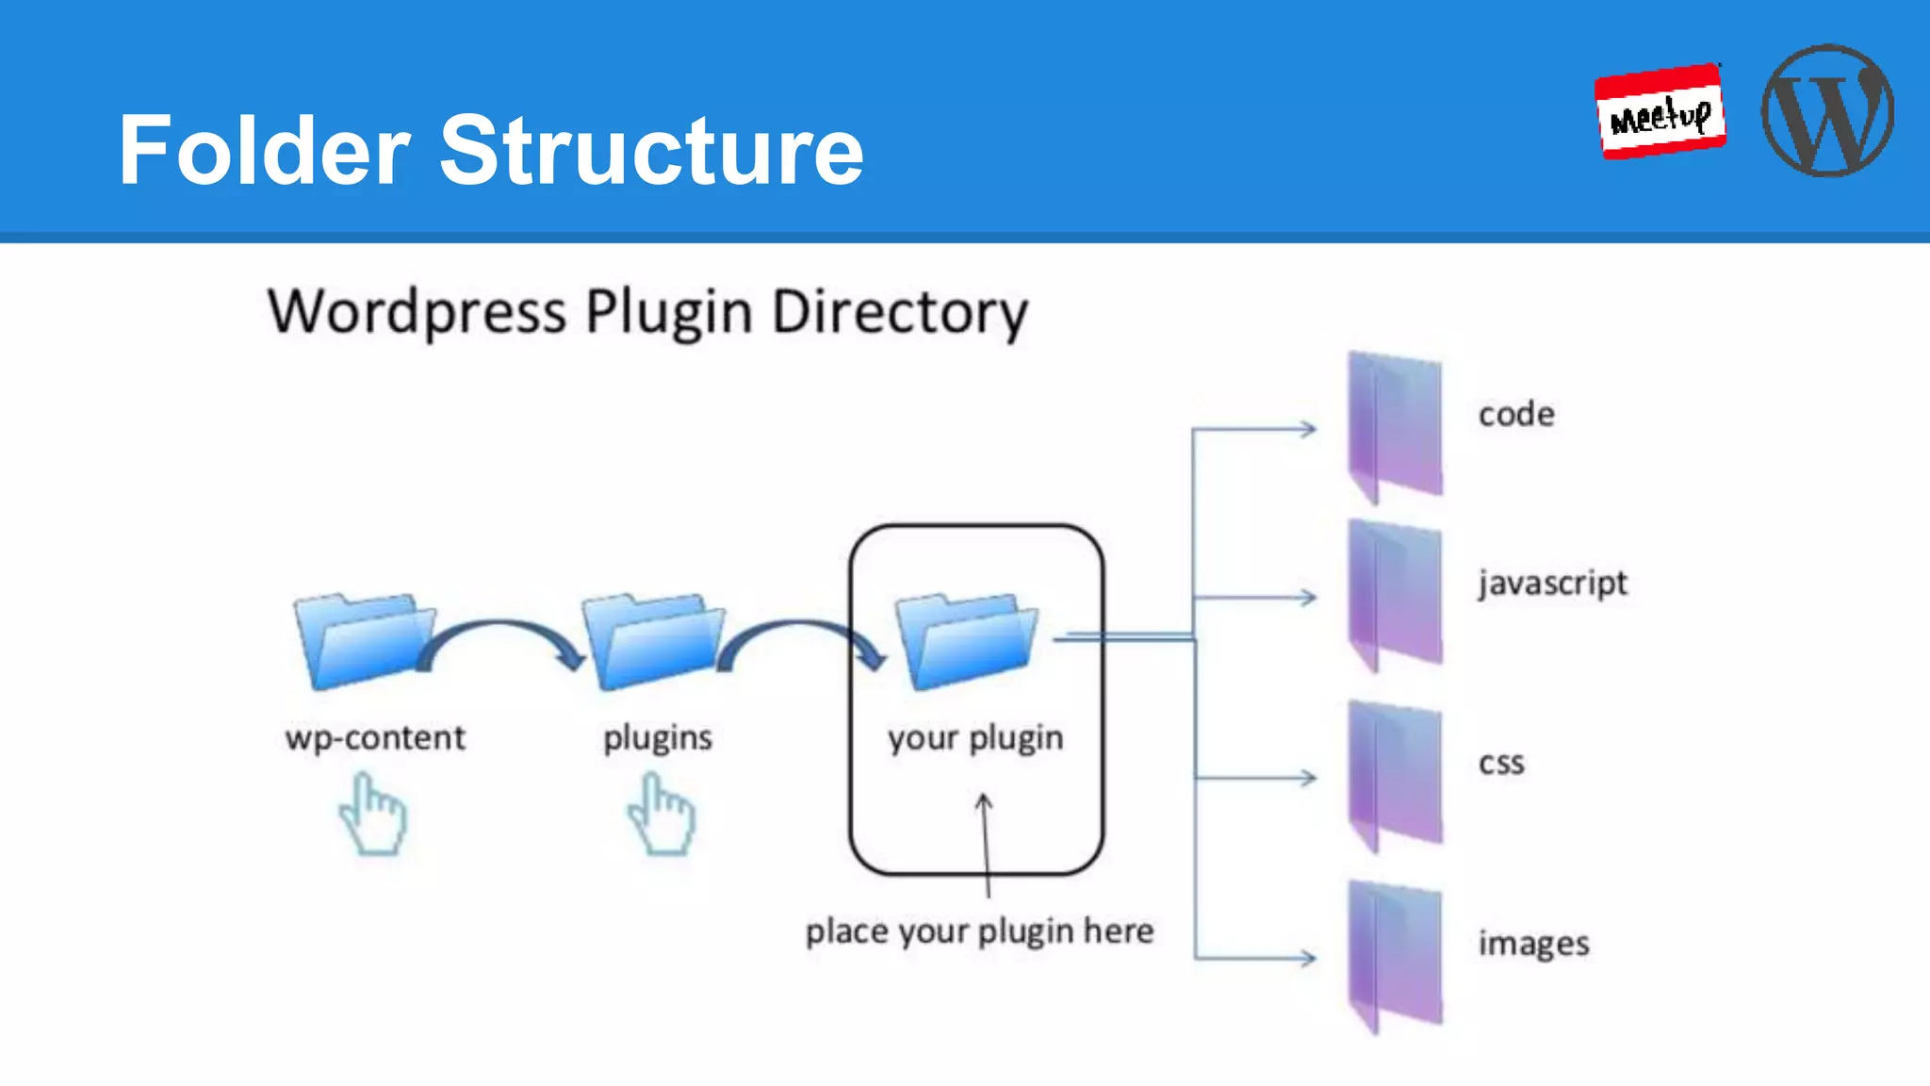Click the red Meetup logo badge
(x=1660, y=111)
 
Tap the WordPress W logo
(x=1827, y=110)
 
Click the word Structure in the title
(x=651, y=151)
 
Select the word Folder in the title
(x=265, y=151)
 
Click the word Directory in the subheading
(x=899, y=313)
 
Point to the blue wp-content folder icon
(x=363, y=641)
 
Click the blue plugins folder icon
(x=652, y=641)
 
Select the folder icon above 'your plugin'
(x=966, y=641)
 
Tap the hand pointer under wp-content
(x=374, y=814)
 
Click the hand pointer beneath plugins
(x=662, y=814)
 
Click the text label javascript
(x=1552, y=583)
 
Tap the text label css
(x=1501, y=762)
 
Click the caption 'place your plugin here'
(x=979, y=931)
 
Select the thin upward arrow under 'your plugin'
(x=986, y=844)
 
